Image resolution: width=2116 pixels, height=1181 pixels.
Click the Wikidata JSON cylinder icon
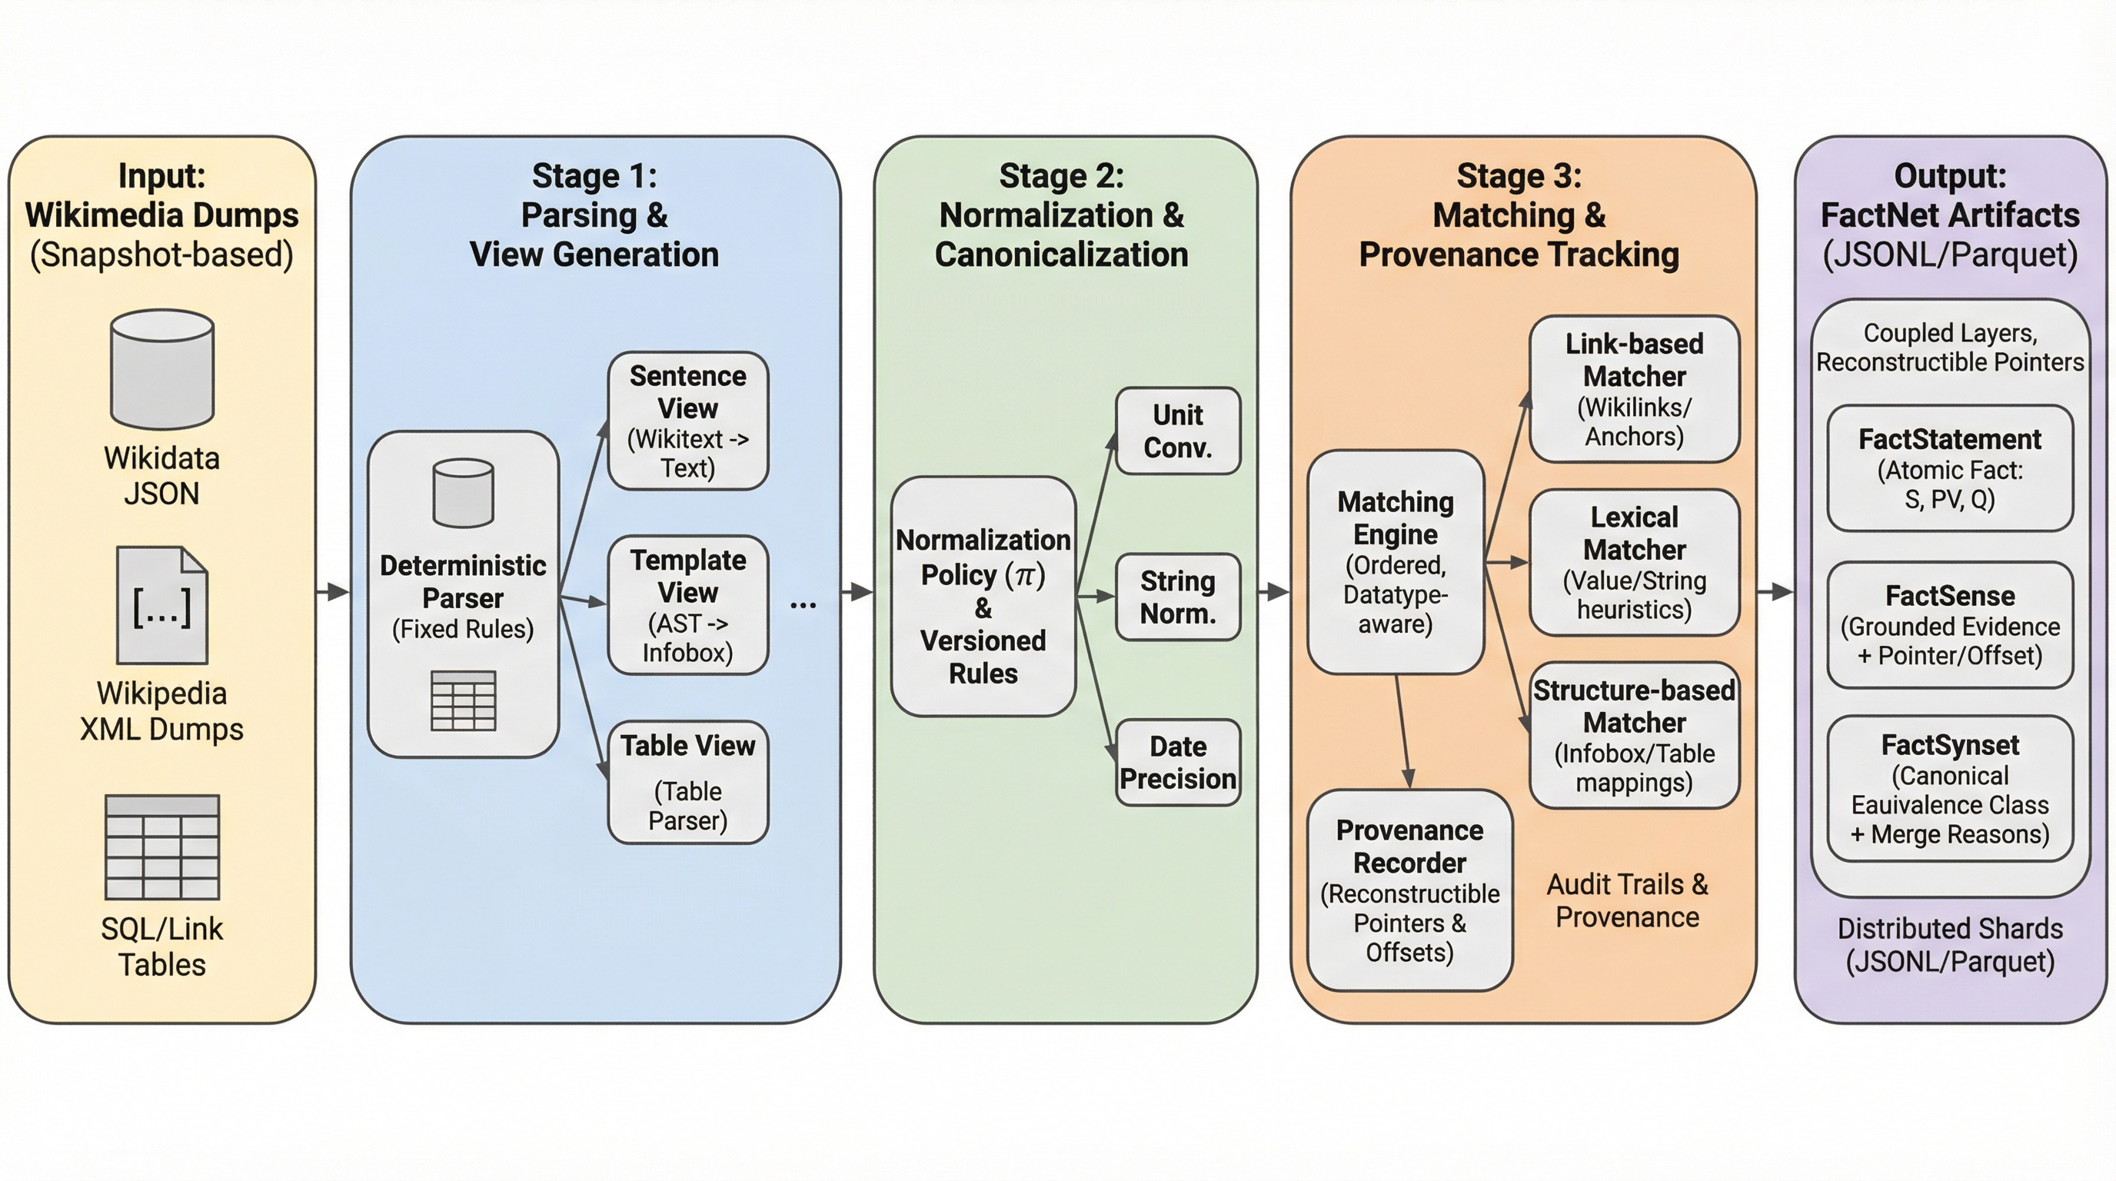pyautogui.click(x=161, y=369)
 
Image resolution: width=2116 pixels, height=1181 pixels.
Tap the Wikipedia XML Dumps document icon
pyautogui.click(x=161, y=605)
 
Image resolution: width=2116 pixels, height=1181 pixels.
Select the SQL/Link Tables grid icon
pyautogui.click(x=161, y=847)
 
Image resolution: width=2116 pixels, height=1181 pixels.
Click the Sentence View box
pyautogui.click(x=687, y=421)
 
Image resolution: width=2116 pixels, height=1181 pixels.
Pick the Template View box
pyautogui.click(x=687, y=605)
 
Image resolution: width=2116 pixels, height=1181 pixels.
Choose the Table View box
pyautogui.click(x=687, y=782)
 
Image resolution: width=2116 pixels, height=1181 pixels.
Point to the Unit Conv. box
pyautogui.click(x=1177, y=431)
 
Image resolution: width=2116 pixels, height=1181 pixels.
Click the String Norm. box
pyautogui.click(x=1177, y=597)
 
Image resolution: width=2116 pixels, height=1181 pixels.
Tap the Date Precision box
pyautogui.click(x=1177, y=762)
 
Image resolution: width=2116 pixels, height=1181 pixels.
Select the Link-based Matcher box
pyautogui.click(x=1634, y=388)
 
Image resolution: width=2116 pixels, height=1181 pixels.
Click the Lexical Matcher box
pyautogui.click(x=1634, y=563)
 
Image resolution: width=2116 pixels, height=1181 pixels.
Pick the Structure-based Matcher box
pyautogui.click(x=1634, y=735)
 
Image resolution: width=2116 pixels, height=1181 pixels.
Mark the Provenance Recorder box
pyautogui.click(x=1409, y=890)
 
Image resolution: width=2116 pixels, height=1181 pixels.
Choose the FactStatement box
pyautogui.click(x=1949, y=468)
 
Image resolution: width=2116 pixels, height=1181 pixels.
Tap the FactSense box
pyautogui.click(x=1949, y=625)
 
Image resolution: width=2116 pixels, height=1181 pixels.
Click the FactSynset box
pyautogui.click(x=1949, y=788)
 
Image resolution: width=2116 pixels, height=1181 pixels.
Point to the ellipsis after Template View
pyautogui.click(x=803, y=606)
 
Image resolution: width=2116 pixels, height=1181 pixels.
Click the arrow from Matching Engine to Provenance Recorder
pyautogui.click(x=1402, y=731)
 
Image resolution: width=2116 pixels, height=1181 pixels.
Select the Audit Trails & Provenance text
pyautogui.click(x=1626, y=900)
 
